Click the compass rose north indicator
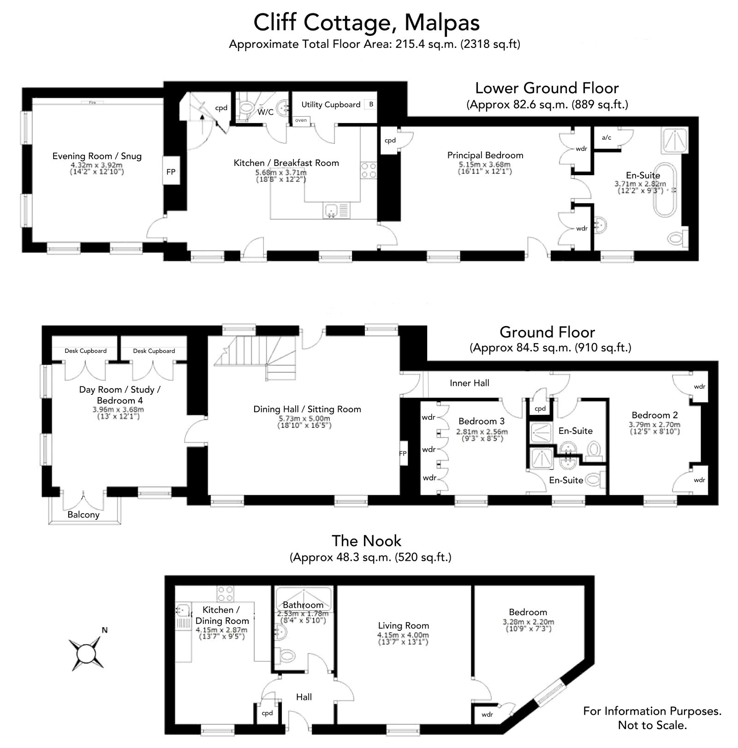click(105, 630)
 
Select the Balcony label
click(83, 515)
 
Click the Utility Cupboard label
click(331, 105)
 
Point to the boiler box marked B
click(371, 105)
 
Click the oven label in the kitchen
click(301, 120)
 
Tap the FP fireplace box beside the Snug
click(171, 172)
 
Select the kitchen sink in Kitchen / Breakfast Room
click(336, 211)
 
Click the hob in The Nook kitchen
click(226, 593)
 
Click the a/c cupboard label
click(607, 137)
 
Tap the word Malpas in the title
click(441, 23)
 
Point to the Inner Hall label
click(470, 383)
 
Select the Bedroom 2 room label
click(655, 415)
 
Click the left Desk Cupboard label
click(85, 350)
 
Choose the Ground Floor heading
click(547, 332)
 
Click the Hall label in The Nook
click(304, 697)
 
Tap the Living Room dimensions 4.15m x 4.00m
click(403, 635)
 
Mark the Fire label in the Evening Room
click(92, 102)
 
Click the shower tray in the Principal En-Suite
click(674, 141)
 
